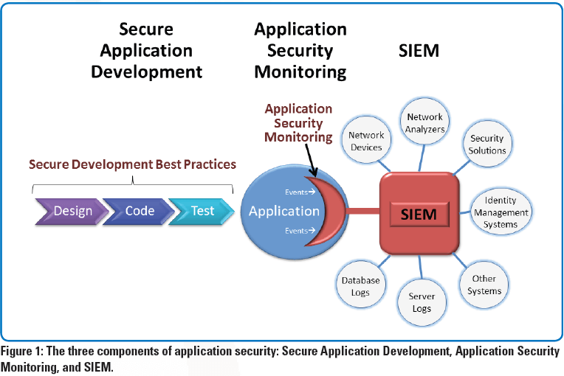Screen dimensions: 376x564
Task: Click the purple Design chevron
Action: [70, 210]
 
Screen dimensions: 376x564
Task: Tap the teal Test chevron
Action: [202, 210]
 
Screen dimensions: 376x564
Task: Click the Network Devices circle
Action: [367, 141]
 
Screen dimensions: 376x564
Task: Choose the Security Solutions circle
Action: [487, 144]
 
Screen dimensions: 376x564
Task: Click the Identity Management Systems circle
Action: [506, 212]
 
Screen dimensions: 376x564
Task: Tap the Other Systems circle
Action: [484, 284]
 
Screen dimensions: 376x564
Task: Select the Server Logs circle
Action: [422, 302]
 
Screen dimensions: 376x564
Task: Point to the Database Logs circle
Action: [361, 286]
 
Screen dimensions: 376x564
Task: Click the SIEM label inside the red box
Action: [418, 215]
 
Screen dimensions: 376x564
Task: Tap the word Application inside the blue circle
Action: [284, 211]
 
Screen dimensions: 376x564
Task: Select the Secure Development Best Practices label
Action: [132, 164]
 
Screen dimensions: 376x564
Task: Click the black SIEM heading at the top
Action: [418, 51]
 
